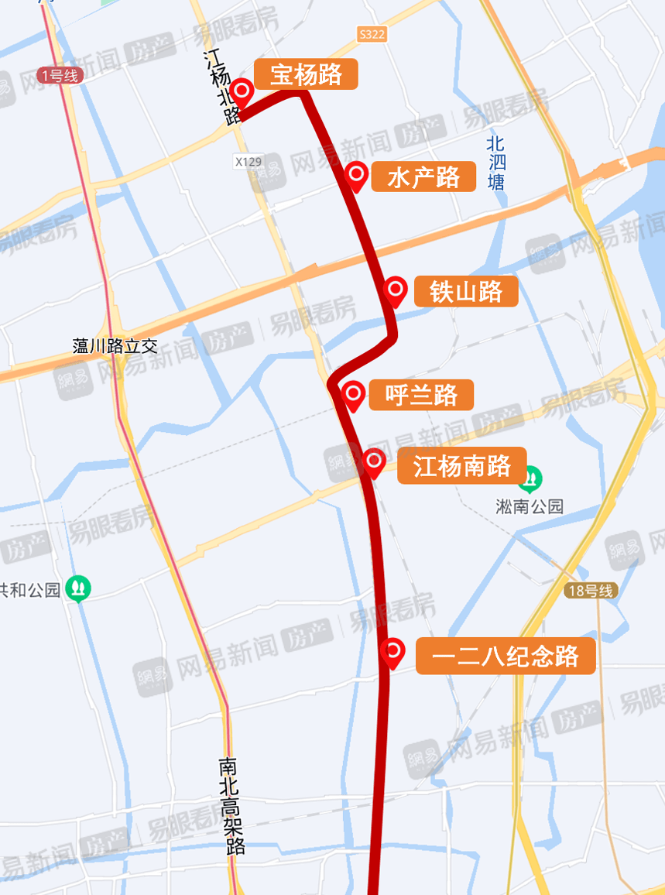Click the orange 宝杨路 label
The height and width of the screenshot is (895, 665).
coord(306,74)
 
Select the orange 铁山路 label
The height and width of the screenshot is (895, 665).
coord(466,292)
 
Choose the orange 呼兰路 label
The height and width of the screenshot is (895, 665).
coord(422,396)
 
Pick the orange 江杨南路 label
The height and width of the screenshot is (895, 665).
coord(461,466)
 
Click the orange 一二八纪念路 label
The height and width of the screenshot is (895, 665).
coord(506,657)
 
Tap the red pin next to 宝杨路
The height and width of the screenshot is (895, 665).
coord(243,92)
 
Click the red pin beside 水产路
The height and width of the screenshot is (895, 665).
coord(356,176)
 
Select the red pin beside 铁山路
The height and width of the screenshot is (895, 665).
coord(396,290)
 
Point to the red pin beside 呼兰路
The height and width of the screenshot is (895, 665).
coord(354,395)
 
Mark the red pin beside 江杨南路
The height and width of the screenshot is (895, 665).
coord(374,462)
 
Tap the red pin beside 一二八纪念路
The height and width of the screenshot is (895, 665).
coord(392,652)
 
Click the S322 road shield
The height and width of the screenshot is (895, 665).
coord(372,35)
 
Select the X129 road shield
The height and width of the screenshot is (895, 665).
coord(249,162)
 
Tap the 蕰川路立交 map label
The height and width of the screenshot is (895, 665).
coord(115,346)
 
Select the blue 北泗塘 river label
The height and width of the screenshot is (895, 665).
coord(495,163)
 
